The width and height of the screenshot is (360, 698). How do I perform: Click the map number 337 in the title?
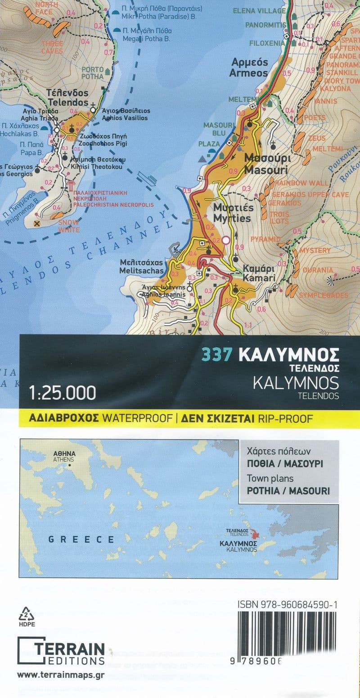(217, 355)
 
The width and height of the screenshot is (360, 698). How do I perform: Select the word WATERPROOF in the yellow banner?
(138, 418)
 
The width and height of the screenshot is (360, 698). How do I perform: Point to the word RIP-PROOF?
(285, 418)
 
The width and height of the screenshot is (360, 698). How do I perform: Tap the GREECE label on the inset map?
(81, 539)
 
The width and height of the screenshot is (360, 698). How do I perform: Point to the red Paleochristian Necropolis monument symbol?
(70, 186)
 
